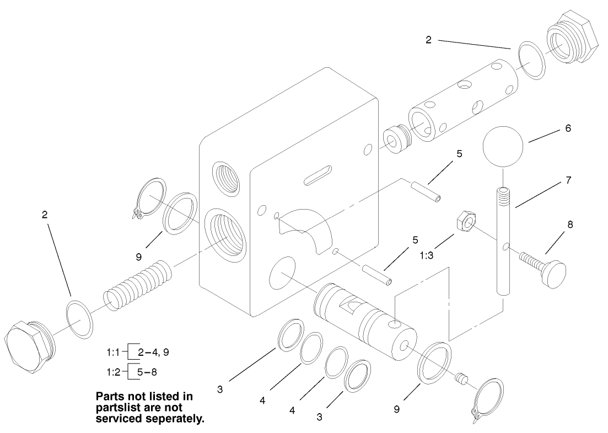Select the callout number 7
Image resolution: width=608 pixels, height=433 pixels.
[x=568, y=180]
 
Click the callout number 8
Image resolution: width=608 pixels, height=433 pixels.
[x=570, y=224]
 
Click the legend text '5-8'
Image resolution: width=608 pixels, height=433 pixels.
[x=147, y=371]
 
